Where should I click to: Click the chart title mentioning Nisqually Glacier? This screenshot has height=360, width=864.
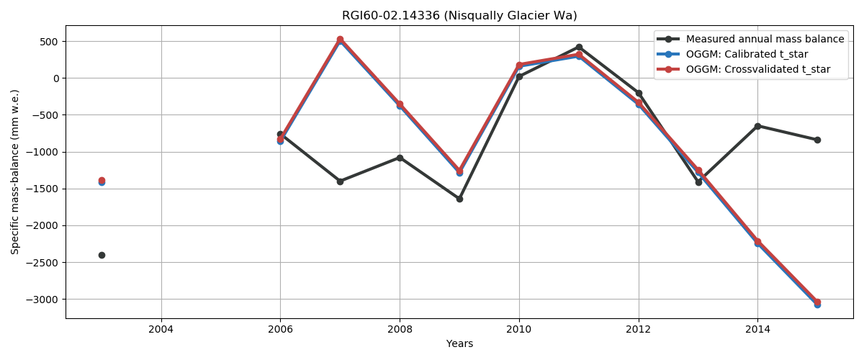459,16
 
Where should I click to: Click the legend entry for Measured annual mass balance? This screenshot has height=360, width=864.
765,39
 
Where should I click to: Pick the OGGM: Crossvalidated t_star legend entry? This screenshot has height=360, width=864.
758,70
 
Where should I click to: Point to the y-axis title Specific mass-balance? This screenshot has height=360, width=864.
15,171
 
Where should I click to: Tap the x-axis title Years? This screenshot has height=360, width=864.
459,343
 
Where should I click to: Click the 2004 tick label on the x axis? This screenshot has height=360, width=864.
161,329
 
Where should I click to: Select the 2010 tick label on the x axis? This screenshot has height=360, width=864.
519,329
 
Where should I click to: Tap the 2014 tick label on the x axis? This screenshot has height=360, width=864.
757,329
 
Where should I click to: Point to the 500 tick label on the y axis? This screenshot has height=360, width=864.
48,41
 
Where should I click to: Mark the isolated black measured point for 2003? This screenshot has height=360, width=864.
102,255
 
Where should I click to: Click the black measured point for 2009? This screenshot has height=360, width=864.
459,199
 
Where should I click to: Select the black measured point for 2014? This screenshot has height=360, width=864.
757,126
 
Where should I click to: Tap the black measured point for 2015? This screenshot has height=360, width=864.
817,140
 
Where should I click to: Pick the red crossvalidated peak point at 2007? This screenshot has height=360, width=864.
340,40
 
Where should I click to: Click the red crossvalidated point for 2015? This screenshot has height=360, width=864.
817,302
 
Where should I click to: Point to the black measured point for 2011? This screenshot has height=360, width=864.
579,47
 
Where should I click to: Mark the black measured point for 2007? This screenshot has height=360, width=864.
340,181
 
